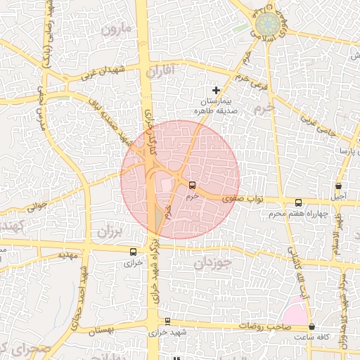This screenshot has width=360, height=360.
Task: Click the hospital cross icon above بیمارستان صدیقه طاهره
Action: [217, 90]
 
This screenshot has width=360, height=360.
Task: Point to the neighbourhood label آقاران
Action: [162, 71]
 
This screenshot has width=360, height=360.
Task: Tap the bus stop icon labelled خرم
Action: [192, 186]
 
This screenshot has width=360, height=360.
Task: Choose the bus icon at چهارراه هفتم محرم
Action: [299, 202]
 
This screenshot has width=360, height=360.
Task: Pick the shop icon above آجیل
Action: [339, 186]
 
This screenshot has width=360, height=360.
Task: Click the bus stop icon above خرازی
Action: [134, 251]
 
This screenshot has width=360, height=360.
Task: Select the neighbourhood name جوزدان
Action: [213, 264]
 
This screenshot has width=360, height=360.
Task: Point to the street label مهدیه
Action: [67, 255]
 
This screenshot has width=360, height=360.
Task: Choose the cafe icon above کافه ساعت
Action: [311, 327]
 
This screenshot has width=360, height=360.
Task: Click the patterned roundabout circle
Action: [267, 24]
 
